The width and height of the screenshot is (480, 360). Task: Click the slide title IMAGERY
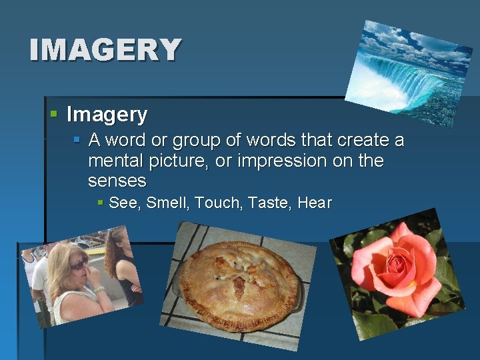click(105, 50)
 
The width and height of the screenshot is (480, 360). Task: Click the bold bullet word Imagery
click(107, 115)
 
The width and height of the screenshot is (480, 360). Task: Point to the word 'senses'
click(117, 181)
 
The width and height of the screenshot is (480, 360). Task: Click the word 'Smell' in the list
click(167, 203)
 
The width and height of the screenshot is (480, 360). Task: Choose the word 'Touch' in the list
click(217, 203)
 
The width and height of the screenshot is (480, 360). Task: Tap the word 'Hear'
click(315, 203)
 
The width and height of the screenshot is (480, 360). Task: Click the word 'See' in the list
click(122, 203)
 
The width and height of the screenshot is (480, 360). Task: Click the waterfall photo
click(408, 72)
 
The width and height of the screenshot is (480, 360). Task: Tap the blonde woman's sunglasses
click(79, 265)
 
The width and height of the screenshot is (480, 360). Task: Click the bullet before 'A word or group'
click(77, 141)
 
